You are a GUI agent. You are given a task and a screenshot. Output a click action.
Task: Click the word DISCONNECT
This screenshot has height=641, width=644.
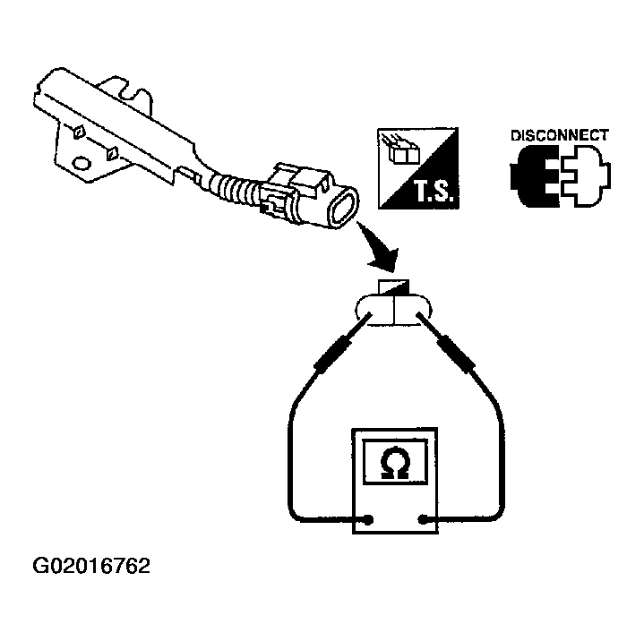tap(560, 135)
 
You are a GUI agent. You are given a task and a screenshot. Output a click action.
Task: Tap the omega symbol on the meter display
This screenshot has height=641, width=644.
tap(395, 462)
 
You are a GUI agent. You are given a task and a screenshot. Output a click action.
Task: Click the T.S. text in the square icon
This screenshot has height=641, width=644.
tap(434, 192)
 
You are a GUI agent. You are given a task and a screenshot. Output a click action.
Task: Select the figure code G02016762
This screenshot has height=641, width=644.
tap(91, 566)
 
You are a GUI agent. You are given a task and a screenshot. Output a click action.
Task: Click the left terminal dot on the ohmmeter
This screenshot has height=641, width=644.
tap(368, 520)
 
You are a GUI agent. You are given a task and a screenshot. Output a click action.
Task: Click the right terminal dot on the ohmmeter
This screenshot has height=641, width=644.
tap(423, 520)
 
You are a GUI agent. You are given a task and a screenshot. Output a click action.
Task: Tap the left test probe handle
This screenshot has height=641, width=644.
tap(334, 352)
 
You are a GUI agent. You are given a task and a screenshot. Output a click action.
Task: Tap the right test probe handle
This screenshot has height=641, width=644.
tap(455, 353)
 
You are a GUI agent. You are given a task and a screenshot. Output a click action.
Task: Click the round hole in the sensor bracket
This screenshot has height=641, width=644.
tap(81, 163)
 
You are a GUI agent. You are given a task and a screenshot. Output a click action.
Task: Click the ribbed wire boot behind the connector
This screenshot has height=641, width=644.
tap(233, 188)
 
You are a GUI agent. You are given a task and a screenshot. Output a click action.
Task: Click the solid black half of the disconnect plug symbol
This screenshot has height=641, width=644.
tap(535, 175)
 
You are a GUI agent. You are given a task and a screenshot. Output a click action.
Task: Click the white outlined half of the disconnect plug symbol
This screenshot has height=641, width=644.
tap(585, 175)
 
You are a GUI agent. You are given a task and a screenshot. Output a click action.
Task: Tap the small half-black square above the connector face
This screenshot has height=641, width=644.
tap(393, 287)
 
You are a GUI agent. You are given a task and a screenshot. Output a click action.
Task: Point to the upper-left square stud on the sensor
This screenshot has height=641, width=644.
tap(79, 132)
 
